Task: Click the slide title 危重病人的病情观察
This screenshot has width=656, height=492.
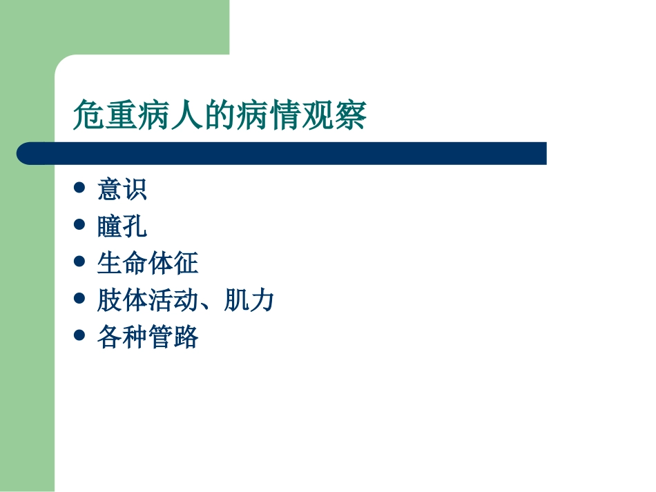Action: pyautogui.click(x=220, y=115)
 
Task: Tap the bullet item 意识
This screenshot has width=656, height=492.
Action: pyautogui.click(x=122, y=189)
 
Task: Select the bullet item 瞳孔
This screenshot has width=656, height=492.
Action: pyautogui.click(x=122, y=226)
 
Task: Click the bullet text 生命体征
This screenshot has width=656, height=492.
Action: pyautogui.click(x=148, y=264)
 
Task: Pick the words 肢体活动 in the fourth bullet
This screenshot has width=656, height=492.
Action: pyautogui.click(x=148, y=301)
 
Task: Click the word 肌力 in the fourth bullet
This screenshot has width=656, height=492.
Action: pyautogui.click(x=249, y=301)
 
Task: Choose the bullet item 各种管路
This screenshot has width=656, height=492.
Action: pyautogui.click(x=148, y=338)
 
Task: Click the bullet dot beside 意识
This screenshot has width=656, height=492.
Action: pyautogui.click(x=79, y=187)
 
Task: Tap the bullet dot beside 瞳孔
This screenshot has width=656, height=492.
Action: pyautogui.click(x=79, y=224)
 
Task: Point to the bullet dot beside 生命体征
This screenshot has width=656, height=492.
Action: pyautogui.click(x=79, y=262)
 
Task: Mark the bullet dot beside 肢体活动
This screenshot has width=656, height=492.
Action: pyautogui.click(x=79, y=299)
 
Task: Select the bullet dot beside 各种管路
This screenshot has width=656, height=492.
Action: pyautogui.click(x=79, y=336)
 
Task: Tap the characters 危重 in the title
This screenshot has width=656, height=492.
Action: pyautogui.click(x=105, y=115)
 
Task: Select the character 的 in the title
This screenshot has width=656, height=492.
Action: pyautogui.click(x=220, y=115)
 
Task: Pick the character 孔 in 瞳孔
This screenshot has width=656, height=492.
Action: pyautogui.click(x=135, y=226)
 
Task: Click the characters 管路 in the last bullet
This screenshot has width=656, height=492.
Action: pyautogui.click(x=173, y=338)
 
